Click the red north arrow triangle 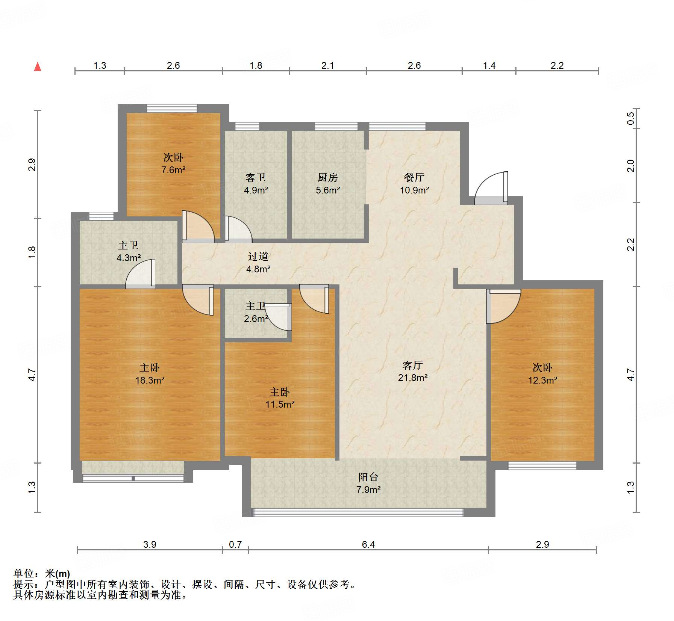pyautogui.click(x=38, y=67)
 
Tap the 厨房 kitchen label pyautogui.click(x=327, y=177)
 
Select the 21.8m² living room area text pyautogui.click(x=412, y=378)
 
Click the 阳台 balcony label pyautogui.click(x=368, y=477)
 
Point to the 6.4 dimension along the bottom pyautogui.click(x=368, y=544)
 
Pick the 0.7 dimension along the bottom pyautogui.click(x=235, y=544)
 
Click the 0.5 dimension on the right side pyautogui.click(x=630, y=119)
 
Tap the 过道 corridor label pyautogui.click(x=258, y=257)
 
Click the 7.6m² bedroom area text pyautogui.click(x=173, y=170)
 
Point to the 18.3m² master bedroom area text pyautogui.click(x=150, y=380)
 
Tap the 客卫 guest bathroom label pyautogui.click(x=256, y=177)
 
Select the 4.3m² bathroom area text pyautogui.click(x=129, y=258)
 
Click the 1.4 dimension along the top pyautogui.click(x=489, y=66)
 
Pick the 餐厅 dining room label pyautogui.click(x=414, y=177)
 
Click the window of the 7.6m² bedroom pyautogui.click(x=171, y=108)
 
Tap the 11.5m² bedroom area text pyautogui.click(x=280, y=405)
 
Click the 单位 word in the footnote pyautogui.click(x=24, y=573)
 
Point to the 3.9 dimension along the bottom pyautogui.click(x=150, y=544)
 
